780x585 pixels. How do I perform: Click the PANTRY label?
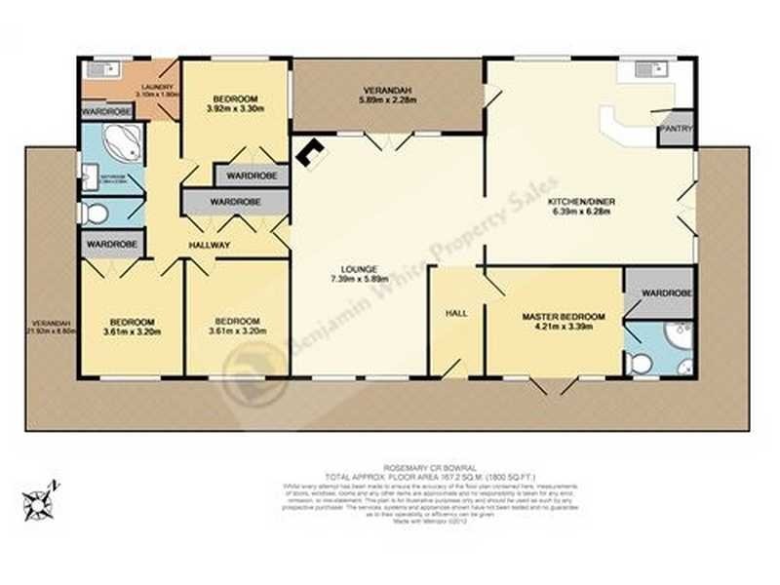[x=676, y=128]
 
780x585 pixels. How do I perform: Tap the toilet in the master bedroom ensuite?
[x=641, y=364]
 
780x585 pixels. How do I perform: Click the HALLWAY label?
[x=210, y=246]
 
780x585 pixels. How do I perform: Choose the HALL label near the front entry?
[x=456, y=313]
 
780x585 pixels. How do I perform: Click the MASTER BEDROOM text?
[x=564, y=317]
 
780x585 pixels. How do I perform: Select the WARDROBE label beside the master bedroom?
[x=667, y=292]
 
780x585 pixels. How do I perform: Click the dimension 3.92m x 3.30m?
[x=235, y=110]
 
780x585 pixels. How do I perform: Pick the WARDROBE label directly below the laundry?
[x=106, y=112]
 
